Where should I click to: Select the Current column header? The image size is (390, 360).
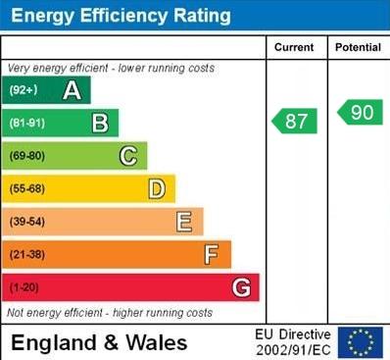click(x=294, y=47)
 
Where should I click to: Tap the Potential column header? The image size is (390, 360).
click(x=358, y=47)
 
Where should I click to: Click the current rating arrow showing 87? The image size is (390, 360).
click(x=295, y=121)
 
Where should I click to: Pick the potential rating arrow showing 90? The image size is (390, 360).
click(x=361, y=112)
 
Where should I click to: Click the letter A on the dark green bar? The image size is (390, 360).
click(x=72, y=91)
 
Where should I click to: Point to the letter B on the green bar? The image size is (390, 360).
click(x=100, y=124)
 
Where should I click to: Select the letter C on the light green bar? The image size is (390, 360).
click(x=128, y=156)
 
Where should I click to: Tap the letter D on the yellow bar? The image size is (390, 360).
click(x=157, y=188)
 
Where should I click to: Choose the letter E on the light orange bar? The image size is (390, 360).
click(x=184, y=222)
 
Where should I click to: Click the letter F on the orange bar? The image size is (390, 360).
click(x=212, y=255)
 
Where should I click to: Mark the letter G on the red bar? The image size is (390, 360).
click(x=241, y=287)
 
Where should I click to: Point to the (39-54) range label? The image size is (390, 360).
click(x=27, y=223)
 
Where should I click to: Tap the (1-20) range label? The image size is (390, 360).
click(x=24, y=288)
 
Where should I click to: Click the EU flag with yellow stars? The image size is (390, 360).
click(x=361, y=342)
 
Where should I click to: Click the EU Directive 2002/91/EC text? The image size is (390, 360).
click(x=293, y=342)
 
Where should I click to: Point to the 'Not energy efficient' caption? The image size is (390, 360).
click(x=110, y=313)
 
